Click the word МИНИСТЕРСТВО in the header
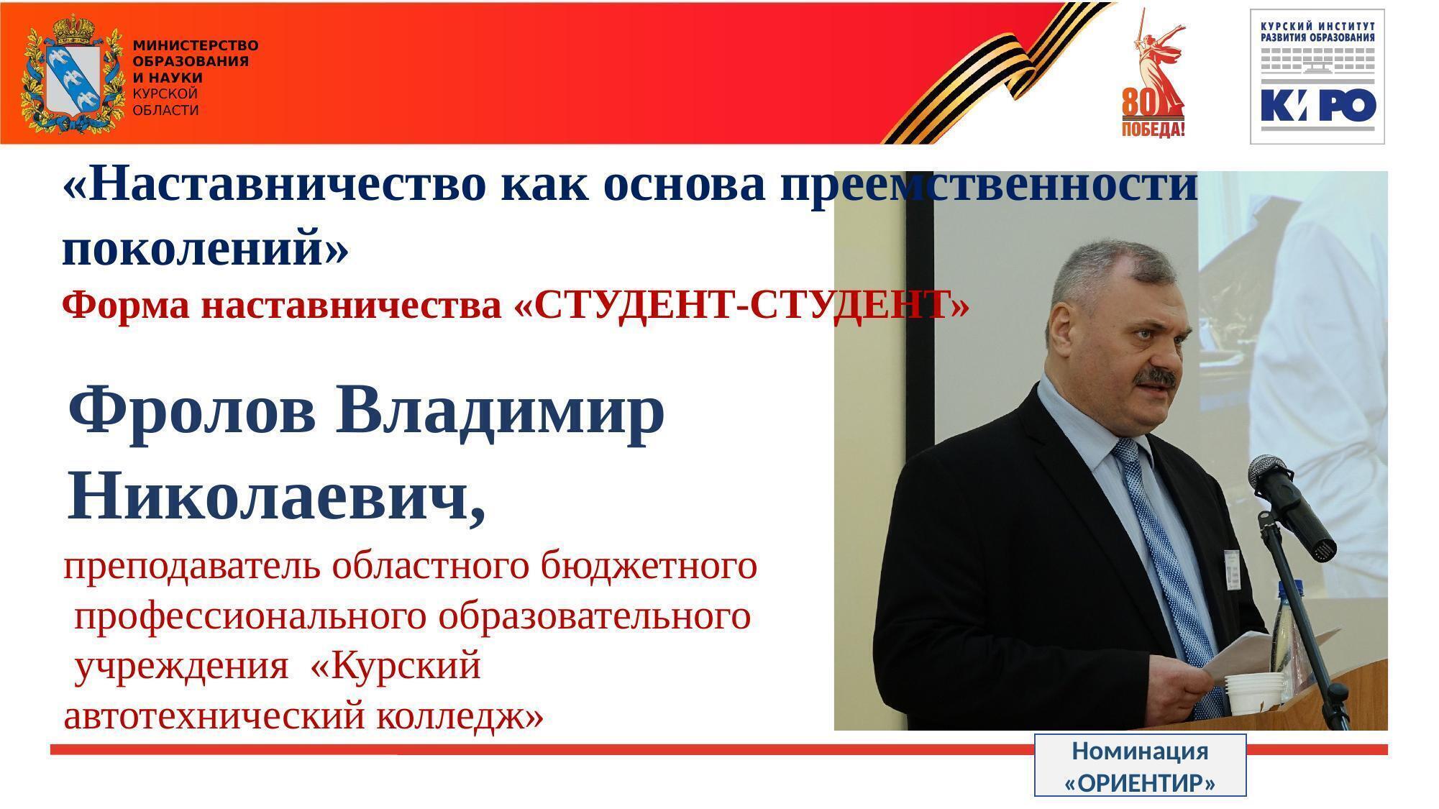click(x=196, y=45)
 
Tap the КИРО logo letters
click(x=1318, y=104)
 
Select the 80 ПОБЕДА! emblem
click(x=1153, y=73)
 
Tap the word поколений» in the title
click(x=206, y=249)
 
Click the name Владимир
click(x=500, y=411)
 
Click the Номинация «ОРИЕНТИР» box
click(x=1140, y=765)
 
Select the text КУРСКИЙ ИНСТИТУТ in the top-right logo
click(x=1318, y=25)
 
